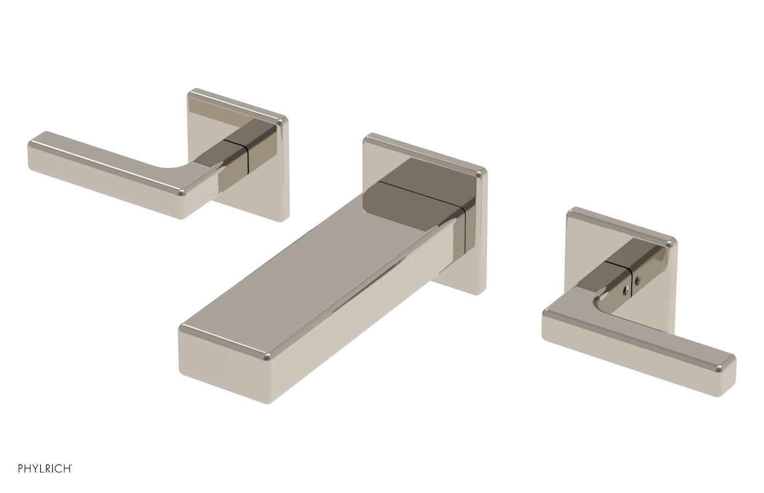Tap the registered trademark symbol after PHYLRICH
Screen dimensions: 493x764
(72, 474)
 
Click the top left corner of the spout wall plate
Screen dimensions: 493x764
(368, 139)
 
